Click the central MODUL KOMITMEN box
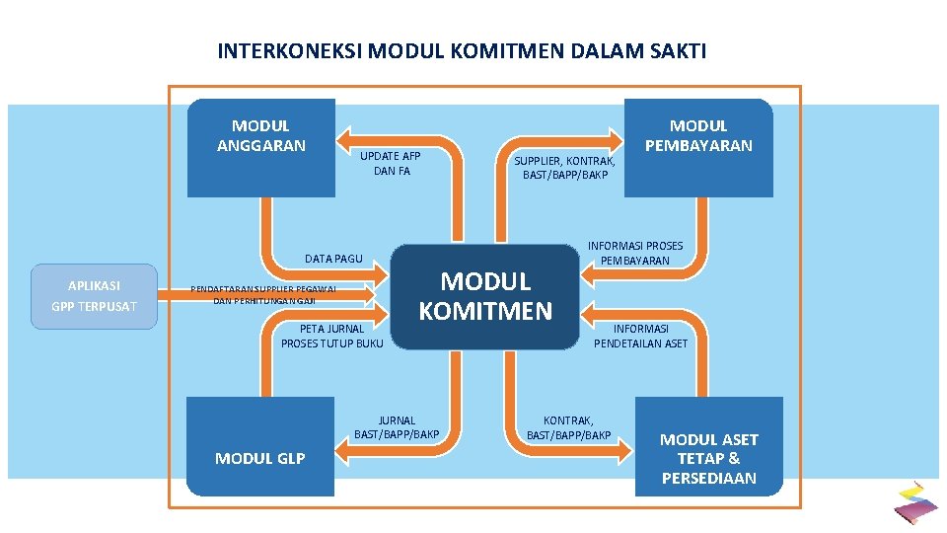485,296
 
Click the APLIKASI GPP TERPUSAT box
94,296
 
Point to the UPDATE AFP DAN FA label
391,164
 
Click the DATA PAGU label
333,259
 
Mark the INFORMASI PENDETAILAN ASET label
640,336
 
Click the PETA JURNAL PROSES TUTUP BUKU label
331,336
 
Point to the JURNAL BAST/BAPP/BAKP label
397,427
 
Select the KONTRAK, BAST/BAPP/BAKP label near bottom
568,427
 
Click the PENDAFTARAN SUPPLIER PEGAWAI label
264,294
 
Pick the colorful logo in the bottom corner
915,501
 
